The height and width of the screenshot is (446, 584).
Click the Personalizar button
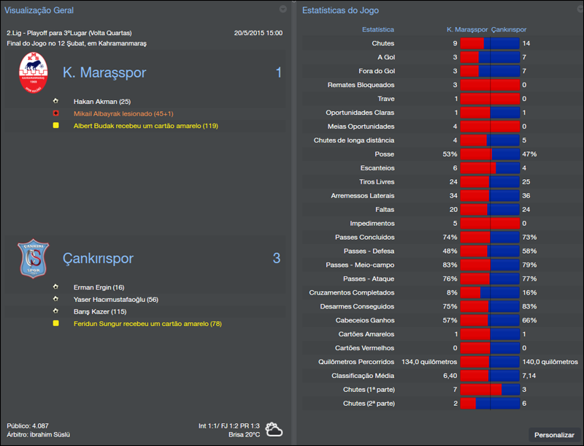pos(554,434)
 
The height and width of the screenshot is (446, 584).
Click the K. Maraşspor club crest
pos(33,72)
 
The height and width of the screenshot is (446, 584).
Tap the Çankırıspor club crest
pos(33,258)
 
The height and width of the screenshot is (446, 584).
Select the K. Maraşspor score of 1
pos(277,72)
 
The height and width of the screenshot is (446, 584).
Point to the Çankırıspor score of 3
pos(277,258)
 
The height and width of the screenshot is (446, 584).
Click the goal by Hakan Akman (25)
pos(101,102)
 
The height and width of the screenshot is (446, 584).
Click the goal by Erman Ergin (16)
pos(99,287)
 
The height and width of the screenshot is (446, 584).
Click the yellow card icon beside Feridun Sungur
pos(55,323)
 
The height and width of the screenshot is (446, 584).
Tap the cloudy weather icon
pos(274,430)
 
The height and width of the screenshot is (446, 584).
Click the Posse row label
pos(384,154)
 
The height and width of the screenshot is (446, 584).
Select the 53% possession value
pos(449,154)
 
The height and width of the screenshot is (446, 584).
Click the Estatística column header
pos(378,29)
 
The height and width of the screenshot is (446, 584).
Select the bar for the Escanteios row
pos(490,168)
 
